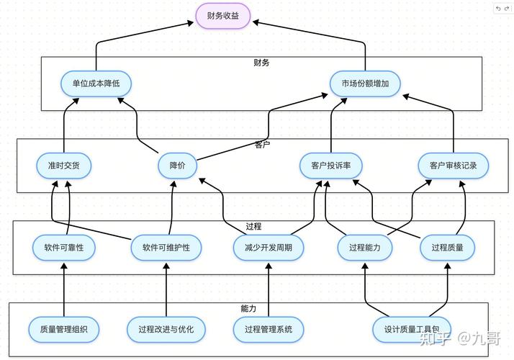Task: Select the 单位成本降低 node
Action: (x=96, y=84)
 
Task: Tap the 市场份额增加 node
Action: (x=365, y=84)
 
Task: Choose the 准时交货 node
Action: (x=64, y=166)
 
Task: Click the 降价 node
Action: (x=177, y=166)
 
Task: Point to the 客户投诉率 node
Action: (x=331, y=166)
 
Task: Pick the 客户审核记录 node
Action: (x=454, y=166)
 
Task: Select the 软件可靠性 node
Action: (x=64, y=248)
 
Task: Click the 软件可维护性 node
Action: (x=166, y=248)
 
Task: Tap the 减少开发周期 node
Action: (x=269, y=248)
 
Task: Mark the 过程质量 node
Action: (x=452, y=248)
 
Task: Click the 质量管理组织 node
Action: (x=64, y=329)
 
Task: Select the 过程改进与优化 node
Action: (x=166, y=329)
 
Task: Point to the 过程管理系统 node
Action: (x=269, y=329)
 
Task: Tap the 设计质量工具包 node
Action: (x=412, y=329)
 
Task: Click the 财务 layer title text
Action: (x=261, y=63)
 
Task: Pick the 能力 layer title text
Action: (x=248, y=308)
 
